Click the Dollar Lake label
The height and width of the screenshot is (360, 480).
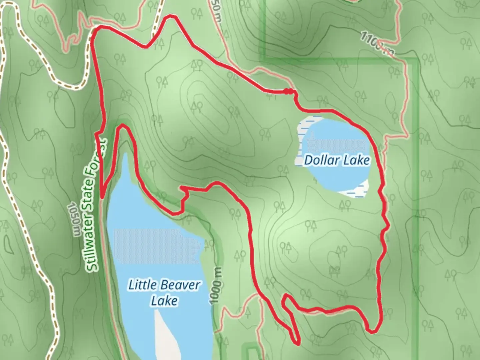[x=337, y=160]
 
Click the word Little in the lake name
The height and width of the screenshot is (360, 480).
[x=142, y=285]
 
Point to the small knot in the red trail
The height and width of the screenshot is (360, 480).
[x=289, y=91]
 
